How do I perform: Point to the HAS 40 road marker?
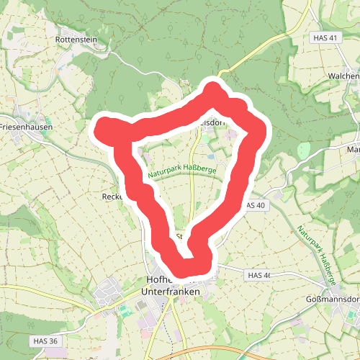(x=255, y=205)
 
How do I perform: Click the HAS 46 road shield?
(x=258, y=275)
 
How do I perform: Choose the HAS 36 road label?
(x=44, y=340)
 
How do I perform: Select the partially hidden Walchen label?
(x=342, y=76)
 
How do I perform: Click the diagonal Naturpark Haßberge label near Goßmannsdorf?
(x=317, y=252)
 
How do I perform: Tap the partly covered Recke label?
(x=114, y=195)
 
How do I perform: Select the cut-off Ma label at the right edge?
(x=353, y=150)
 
